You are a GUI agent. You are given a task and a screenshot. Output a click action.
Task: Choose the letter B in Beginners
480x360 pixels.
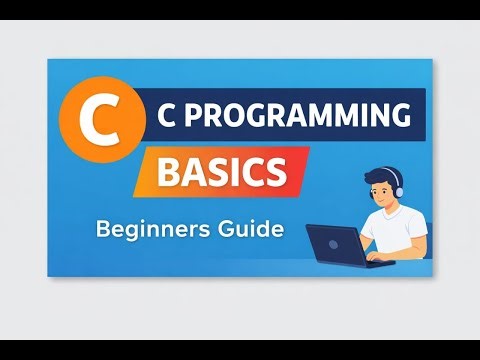click(x=103, y=229)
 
